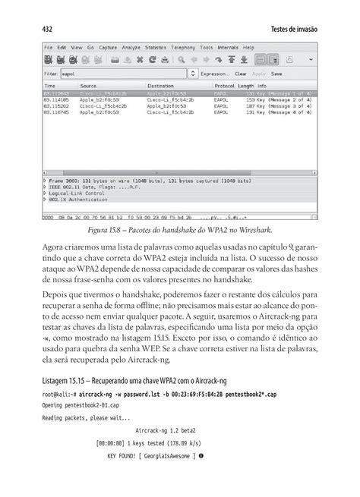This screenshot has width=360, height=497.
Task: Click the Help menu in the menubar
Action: [248, 47]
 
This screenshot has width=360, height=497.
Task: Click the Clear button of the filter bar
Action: [241, 74]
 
